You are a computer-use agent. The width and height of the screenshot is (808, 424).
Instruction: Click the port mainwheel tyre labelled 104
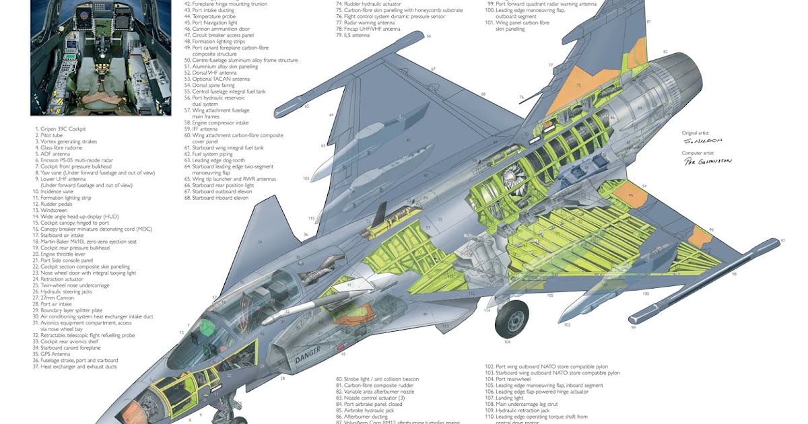[x=512, y=319]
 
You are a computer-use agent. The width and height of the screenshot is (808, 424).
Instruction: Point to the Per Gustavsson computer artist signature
[x=707, y=162]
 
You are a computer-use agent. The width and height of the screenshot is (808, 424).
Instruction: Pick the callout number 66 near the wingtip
[x=428, y=36]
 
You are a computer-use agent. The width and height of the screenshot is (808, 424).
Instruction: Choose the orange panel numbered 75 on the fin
[x=578, y=86]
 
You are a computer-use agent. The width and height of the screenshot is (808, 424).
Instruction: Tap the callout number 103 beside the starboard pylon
[x=306, y=178]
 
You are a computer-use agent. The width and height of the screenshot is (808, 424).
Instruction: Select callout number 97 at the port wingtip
[x=782, y=240]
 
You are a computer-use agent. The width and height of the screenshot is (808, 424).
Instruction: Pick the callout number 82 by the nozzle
[x=665, y=52]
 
